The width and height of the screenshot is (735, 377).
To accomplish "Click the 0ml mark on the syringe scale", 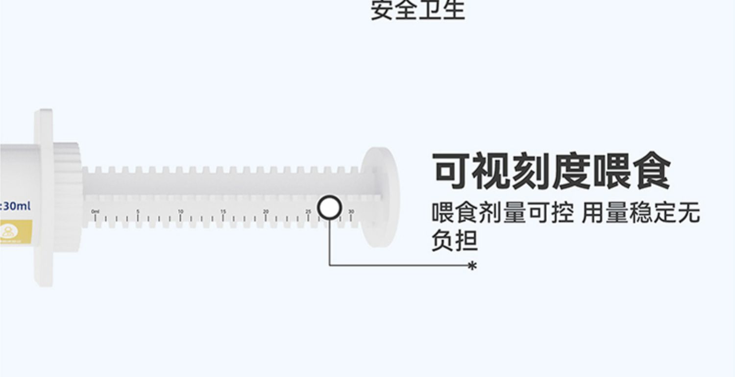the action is (x=95, y=211).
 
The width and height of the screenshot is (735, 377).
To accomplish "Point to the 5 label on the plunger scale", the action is (x=138, y=211).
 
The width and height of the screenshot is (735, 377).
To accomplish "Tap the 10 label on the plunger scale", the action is (x=180, y=211).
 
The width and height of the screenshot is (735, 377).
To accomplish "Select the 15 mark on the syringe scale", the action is (x=223, y=211).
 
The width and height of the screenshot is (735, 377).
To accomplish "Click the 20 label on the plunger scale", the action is (x=266, y=211).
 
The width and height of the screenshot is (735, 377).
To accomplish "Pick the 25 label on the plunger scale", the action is (x=308, y=211).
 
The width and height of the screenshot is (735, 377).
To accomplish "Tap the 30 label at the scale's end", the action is (x=351, y=211).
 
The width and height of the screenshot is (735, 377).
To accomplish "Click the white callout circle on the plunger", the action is (x=329, y=207).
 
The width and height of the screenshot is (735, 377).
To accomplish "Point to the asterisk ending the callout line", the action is (x=472, y=266).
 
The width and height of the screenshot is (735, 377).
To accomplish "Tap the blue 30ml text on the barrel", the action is (x=16, y=206).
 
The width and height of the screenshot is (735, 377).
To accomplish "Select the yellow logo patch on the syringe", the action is (x=15, y=230).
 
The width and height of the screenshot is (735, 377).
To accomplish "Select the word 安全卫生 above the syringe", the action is (x=417, y=10).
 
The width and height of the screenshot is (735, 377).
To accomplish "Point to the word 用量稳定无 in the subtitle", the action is (x=641, y=214).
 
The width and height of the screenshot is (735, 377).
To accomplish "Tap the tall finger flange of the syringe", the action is (x=44, y=198).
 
